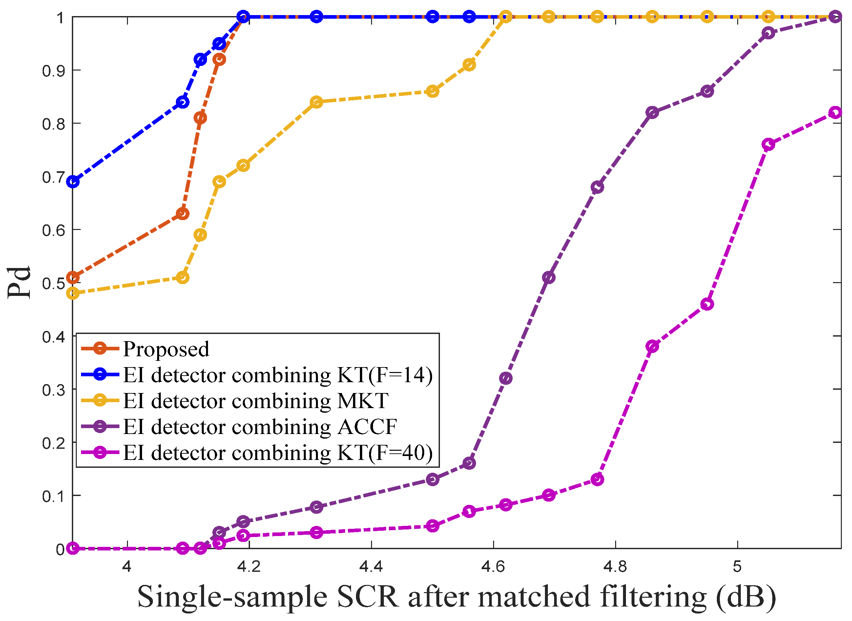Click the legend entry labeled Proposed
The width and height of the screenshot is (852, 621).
tap(166, 349)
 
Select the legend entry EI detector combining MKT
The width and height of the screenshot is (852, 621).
tap(256, 401)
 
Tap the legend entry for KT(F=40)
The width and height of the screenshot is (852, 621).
tap(278, 453)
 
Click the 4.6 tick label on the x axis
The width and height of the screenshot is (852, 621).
tap(493, 567)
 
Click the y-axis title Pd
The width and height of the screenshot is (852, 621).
tap(19, 283)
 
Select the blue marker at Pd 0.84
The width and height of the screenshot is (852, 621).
tap(183, 102)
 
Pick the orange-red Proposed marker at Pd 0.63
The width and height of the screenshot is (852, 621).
tap(183, 214)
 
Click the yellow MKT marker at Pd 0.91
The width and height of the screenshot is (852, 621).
tap(469, 65)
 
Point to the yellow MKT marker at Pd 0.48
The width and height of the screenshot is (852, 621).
tap(73, 293)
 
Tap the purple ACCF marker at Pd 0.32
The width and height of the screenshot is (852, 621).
tap(506, 378)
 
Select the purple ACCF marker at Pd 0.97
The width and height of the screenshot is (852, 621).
tap(769, 33)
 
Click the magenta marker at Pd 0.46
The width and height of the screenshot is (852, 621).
tap(707, 304)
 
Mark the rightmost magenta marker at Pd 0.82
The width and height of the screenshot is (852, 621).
tap(835, 113)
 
